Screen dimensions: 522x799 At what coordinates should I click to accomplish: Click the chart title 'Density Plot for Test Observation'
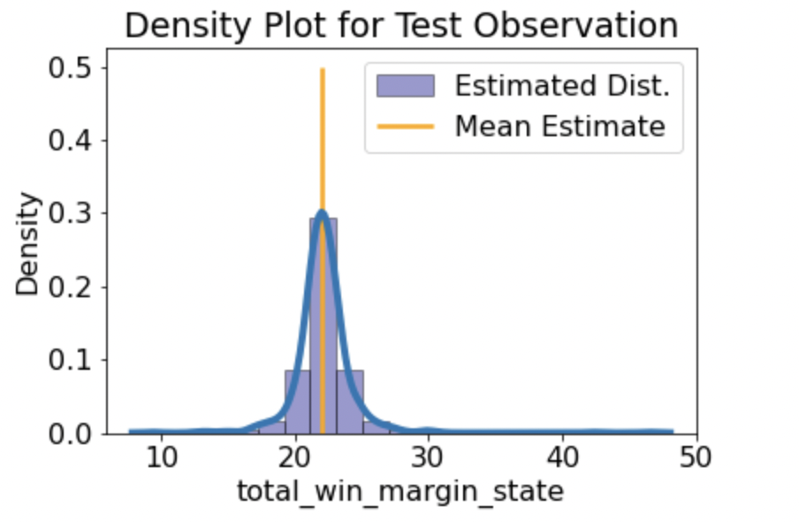click(401, 25)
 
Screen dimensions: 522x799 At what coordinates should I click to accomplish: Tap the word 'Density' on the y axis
click(28, 244)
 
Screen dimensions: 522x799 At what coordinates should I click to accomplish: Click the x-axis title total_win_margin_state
click(400, 490)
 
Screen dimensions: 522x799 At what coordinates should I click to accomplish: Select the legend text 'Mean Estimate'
click(559, 127)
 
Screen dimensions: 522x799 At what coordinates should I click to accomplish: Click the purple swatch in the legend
click(406, 86)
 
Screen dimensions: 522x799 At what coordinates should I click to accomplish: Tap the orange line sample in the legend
click(406, 127)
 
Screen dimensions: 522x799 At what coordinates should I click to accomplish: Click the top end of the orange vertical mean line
click(323, 70)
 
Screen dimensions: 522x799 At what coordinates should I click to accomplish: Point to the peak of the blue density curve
click(322, 212)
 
